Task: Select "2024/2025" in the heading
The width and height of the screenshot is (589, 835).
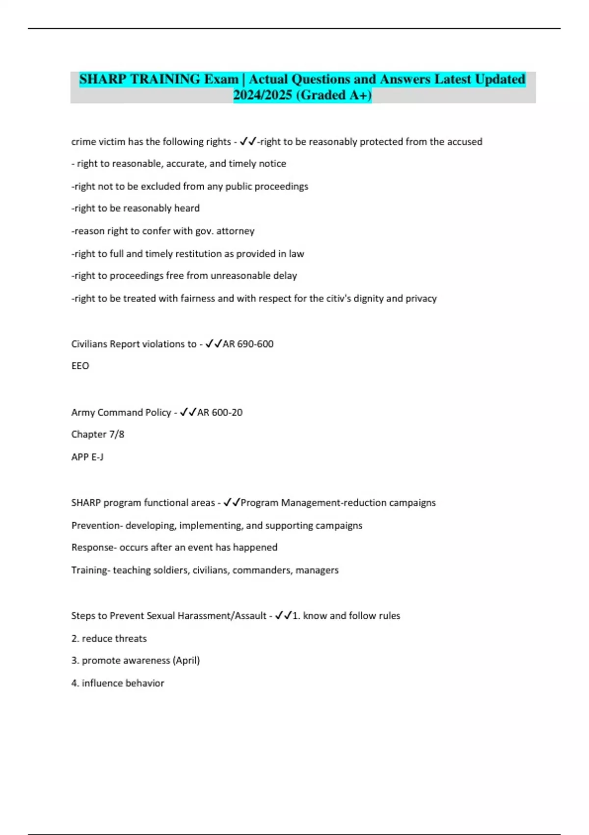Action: (x=263, y=95)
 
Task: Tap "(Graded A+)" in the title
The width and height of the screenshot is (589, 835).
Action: (x=334, y=95)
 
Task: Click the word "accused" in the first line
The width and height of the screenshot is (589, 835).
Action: (x=464, y=141)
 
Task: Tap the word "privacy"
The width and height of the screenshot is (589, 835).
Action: (x=421, y=298)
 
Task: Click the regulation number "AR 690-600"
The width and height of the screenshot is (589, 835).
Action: (x=248, y=344)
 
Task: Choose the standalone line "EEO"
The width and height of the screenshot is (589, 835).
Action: (x=80, y=366)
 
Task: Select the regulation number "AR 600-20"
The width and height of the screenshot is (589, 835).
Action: (x=220, y=412)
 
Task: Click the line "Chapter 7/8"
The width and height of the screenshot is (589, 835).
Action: (x=98, y=434)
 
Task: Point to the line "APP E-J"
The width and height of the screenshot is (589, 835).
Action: (x=87, y=457)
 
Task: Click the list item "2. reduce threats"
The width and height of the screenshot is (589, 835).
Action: (x=109, y=639)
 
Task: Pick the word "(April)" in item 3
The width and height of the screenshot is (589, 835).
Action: (x=187, y=660)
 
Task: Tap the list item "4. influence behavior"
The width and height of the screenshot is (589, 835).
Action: (x=118, y=683)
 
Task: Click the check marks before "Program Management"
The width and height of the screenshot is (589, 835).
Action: (x=231, y=502)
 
